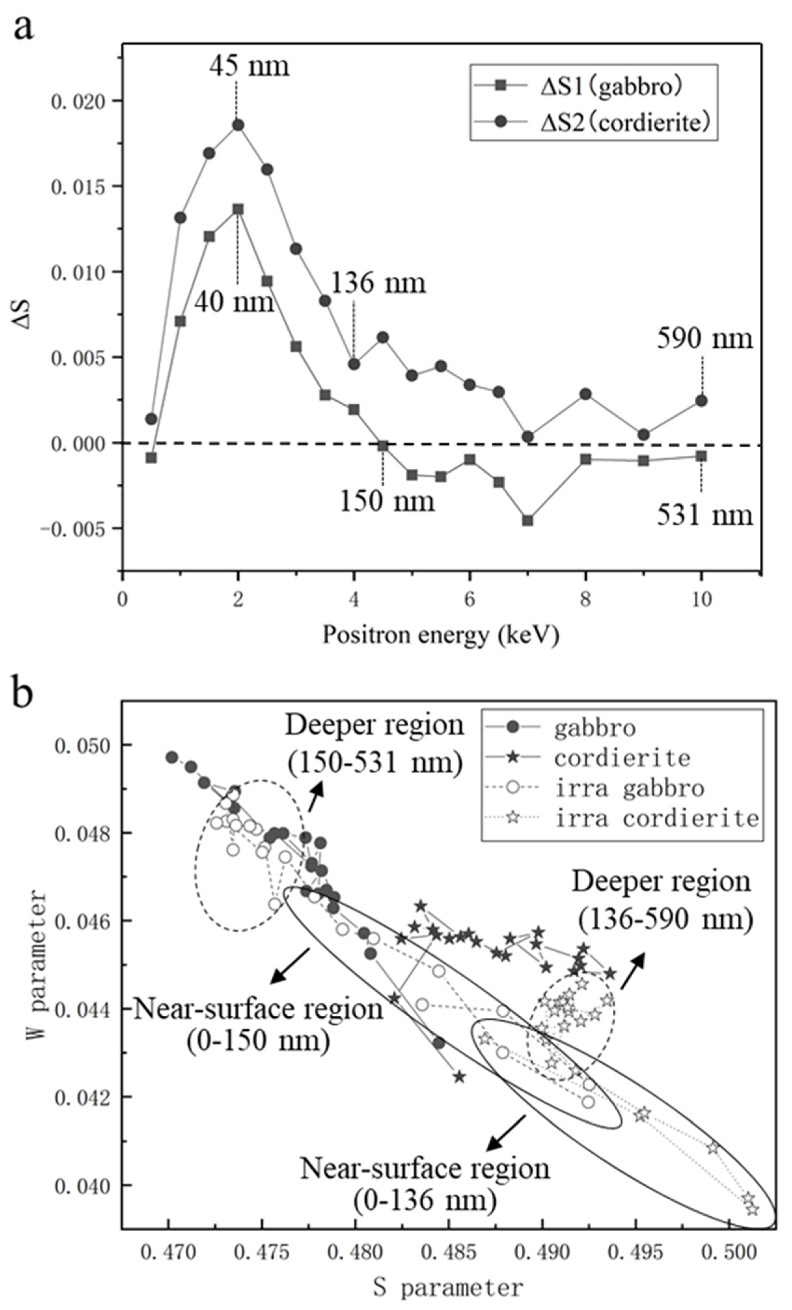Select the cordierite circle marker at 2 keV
tap(238, 125)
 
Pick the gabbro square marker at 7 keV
tap(527, 521)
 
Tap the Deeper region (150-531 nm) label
tap(375, 743)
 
